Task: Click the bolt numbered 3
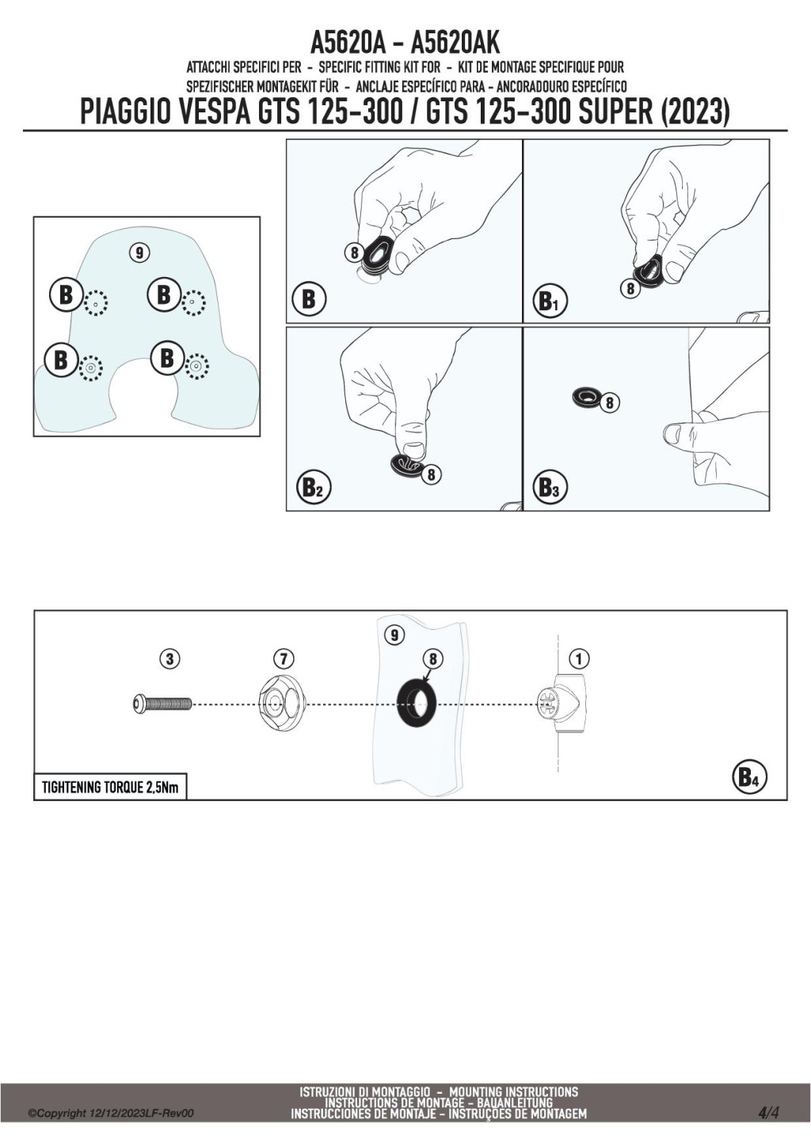pyautogui.click(x=162, y=703)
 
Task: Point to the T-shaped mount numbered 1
pyautogui.click(x=564, y=703)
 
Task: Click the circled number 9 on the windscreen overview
pyautogui.click(x=139, y=252)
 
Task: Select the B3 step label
pyautogui.click(x=549, y=488)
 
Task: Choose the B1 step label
pyautogui.click(x=549, y=302)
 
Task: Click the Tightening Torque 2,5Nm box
pyautogui.click(x=110, y=787)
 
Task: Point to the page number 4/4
pyautogui.click(x=768, y=1113)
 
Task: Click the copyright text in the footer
pyautogui.click(x=111, y=1114)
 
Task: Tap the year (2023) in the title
pyautogui.click(x=694, y=112)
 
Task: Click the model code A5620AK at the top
pyautogui.click(x=456, y=42)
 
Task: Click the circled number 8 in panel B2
pyautogui.click(x=432, y=475)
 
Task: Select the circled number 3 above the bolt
pyautogui.click(x=169, y=658)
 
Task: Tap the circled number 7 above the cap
pyautogui.click(x=283, y=658)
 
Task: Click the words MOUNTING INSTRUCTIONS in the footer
pyautogui.click(x=513, y=1092)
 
